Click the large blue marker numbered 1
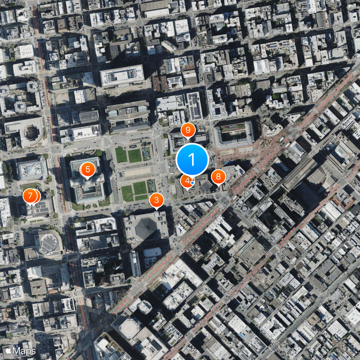pos(192,160)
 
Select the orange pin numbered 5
pos(87,170)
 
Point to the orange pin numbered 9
pos(188,130)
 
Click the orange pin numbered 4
pos(186,181)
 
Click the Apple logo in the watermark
pos(8,350)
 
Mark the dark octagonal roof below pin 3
pos(146,227)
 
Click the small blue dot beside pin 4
pos(193,183)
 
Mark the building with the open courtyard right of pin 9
pos(234,133)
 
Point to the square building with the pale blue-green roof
pos(32,168)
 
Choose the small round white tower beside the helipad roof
pos(145,306)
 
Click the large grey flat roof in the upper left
pos(122,75)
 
